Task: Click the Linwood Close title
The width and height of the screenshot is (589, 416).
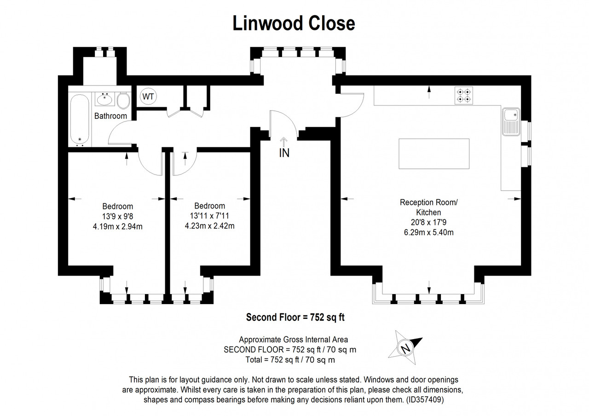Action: [x=294, y=23]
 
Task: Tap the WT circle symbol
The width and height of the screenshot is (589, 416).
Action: [x=148, y=97]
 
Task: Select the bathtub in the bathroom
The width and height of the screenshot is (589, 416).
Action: [x=80, y=119]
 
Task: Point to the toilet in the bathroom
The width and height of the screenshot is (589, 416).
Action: [x=123, y=99]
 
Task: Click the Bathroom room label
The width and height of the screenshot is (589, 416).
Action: [x=110, y=116]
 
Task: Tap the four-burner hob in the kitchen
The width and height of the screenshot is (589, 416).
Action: [x=464, y=95]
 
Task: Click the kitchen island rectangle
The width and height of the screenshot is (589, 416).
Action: [x=434, y=154]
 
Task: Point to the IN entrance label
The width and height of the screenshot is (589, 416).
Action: [x=284, y=153]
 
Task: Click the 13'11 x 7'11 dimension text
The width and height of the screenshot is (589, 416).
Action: [x=210, y=216]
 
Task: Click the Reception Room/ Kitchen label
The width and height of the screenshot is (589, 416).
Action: [x=428, y=207]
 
